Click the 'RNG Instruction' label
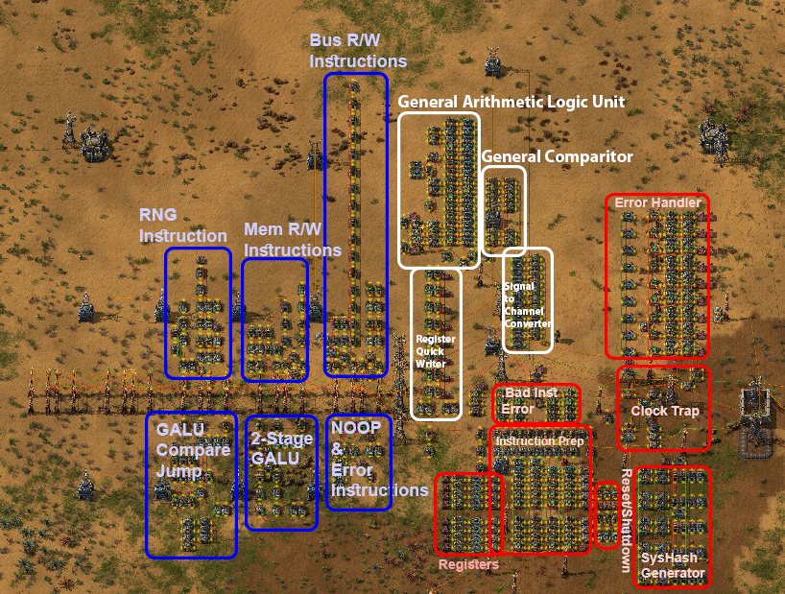182,225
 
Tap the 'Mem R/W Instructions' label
292,240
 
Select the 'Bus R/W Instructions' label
357,51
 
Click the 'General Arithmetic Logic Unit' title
511,101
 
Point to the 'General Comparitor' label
557,155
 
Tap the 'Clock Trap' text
664,411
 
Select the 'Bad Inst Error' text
535,401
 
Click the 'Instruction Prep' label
538,440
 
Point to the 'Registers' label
468,564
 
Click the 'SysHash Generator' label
672,565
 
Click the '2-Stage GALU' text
281,449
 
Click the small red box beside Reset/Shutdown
607,515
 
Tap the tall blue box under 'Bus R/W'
356,225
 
